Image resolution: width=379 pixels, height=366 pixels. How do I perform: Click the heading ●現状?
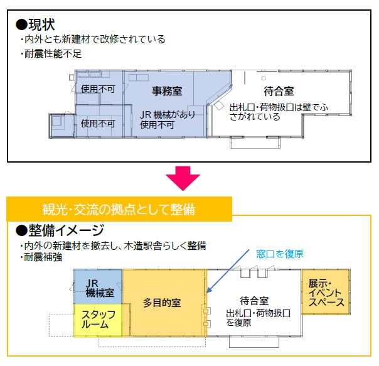36,24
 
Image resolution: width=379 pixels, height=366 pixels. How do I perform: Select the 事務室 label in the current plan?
167,91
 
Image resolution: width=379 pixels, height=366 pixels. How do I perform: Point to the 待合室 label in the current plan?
279,91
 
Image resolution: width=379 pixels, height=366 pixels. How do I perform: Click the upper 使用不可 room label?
98,89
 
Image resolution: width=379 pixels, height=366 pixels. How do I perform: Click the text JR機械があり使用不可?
168,119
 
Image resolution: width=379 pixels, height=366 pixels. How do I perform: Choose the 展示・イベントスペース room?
326,293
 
